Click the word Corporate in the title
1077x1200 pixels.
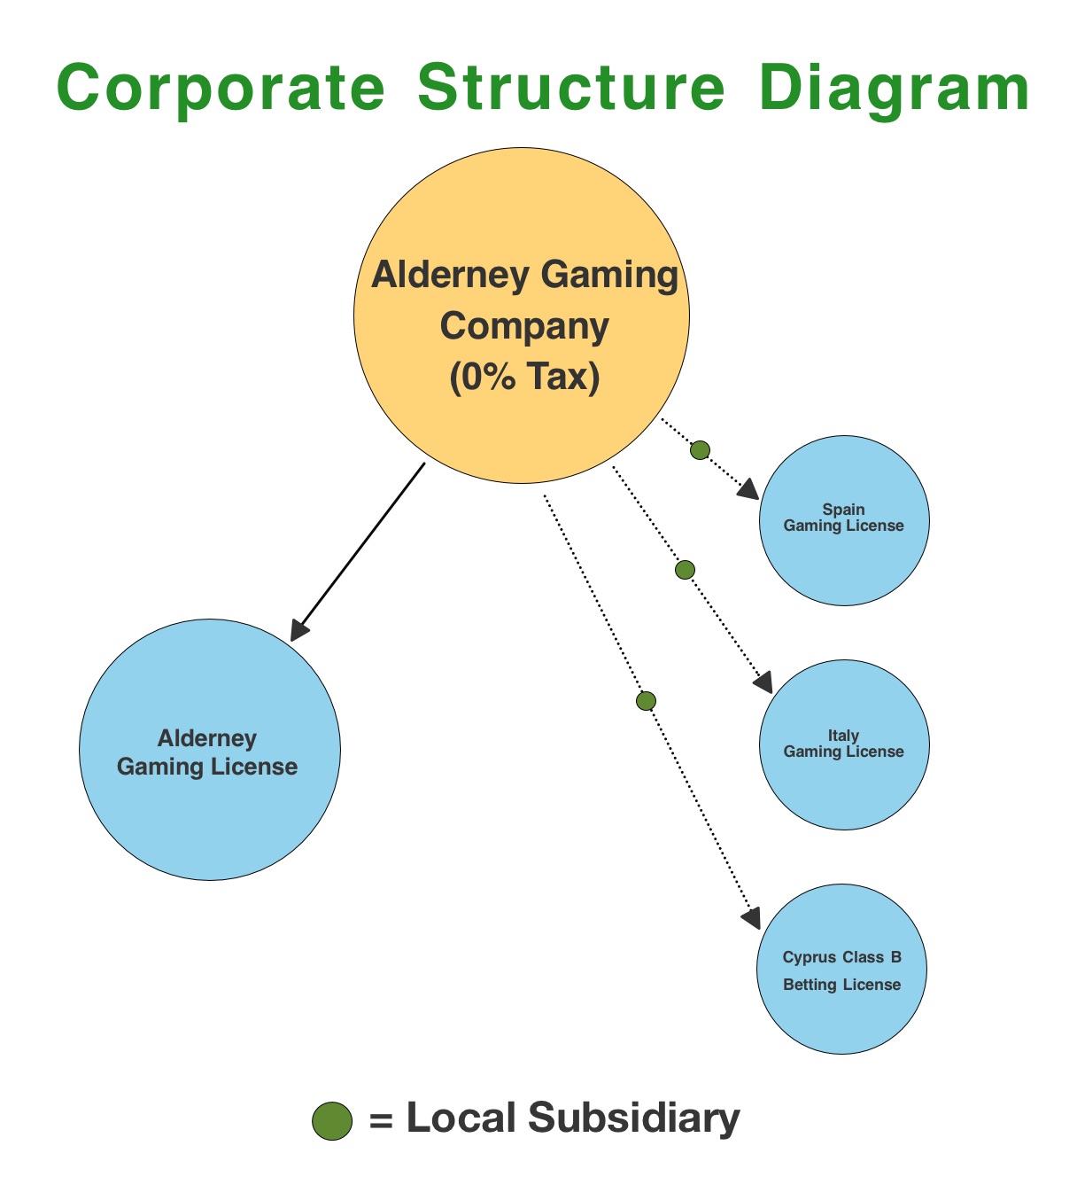point(221,88)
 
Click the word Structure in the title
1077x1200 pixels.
point(571,88)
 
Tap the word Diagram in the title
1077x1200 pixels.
point(895,90)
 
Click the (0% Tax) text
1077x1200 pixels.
point(524,377)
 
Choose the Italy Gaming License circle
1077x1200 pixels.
point(844,780)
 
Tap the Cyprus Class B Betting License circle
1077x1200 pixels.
point(841,1010)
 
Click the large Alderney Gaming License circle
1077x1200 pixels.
point(210,815)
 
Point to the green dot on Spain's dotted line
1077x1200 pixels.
point(700,450)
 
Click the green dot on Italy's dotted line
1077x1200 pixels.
point(685,570)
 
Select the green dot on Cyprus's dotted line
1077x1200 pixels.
point(646,701)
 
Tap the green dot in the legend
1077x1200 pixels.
point(332,1120)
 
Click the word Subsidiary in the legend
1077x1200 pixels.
point(633,1118)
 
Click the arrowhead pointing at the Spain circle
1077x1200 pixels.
point(748,490)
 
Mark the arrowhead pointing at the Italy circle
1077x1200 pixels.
point(763,682)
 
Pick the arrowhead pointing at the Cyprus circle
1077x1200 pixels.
point(751,918)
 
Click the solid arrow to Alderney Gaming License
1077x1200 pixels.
point(359,551)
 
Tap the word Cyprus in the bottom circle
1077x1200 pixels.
point(809,957)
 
